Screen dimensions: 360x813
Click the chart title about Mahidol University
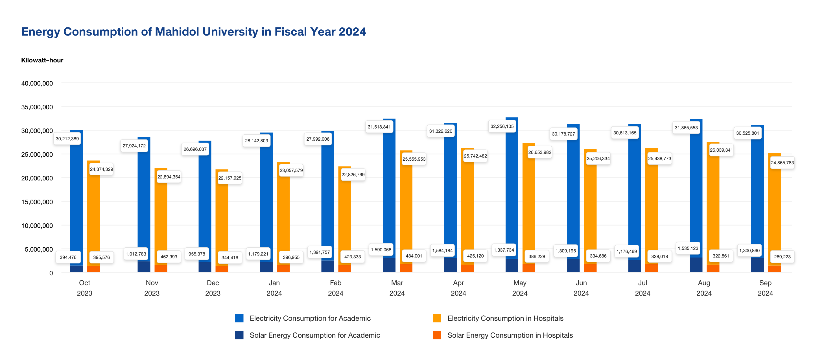(193, 32)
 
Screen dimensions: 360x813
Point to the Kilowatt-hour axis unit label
(42, 60)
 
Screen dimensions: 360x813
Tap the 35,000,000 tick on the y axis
(37, 107)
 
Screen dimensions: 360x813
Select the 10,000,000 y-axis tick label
(37, 226)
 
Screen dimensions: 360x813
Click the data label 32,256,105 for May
(502, 126)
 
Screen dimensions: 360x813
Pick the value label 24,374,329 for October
(101, 169)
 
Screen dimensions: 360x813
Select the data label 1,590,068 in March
(381, 250)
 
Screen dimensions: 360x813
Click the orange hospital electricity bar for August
(713, 205)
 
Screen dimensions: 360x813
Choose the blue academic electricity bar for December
(205, 205)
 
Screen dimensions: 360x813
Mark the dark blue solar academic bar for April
(450, 265)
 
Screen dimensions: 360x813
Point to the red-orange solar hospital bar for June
(590, 268)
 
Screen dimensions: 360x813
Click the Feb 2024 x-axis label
(335, 288)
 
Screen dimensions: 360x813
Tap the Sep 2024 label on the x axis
(765, 288)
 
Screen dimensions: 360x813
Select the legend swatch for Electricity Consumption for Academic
(239, 318)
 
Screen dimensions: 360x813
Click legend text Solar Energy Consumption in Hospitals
(510, 335)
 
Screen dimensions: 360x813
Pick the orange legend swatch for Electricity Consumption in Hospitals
(437, 318)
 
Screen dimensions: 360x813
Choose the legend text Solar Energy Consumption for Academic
(315, 335)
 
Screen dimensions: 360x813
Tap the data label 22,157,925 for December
(230, 178)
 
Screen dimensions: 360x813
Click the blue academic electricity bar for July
(635, 196)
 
